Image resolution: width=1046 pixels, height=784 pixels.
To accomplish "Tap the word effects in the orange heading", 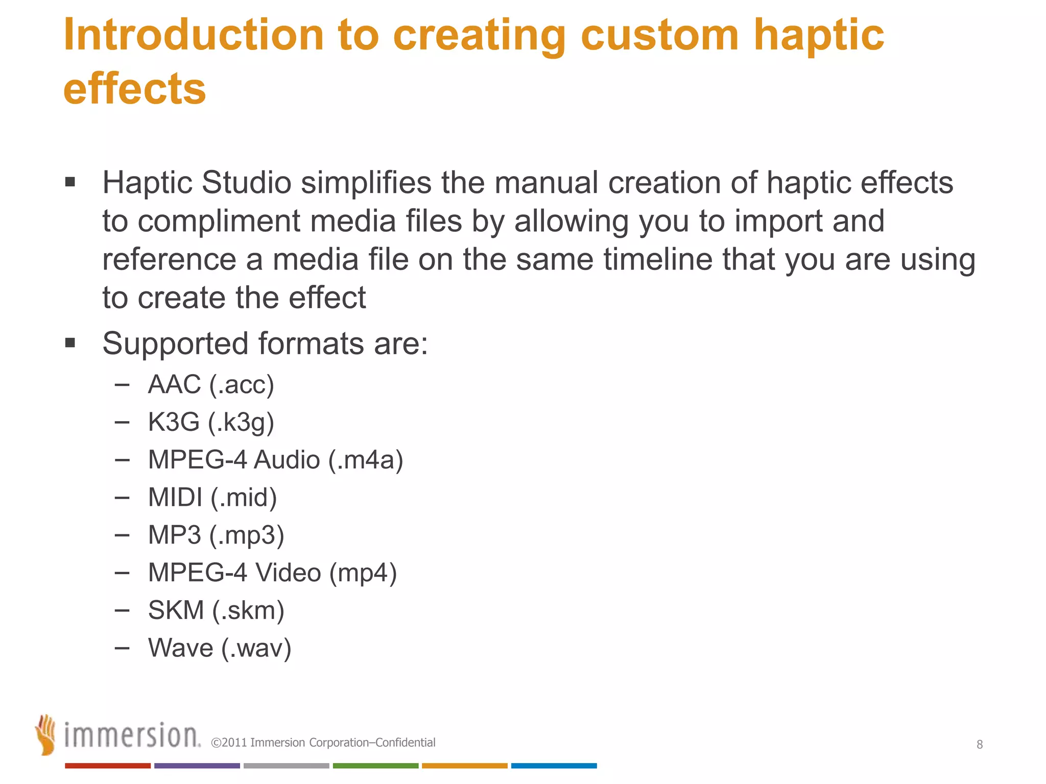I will click(x=134, y=89).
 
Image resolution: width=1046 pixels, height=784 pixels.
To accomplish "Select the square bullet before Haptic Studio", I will click(x=70, y=182).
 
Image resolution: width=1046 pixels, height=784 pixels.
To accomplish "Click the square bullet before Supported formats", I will click(x=70, y=342).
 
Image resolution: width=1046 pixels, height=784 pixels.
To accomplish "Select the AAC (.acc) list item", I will click(x=211, y=384).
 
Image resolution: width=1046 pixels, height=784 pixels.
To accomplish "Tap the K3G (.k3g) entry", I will click(x=211, y=422).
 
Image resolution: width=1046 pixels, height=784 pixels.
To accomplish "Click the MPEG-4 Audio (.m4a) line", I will click(x=275, y=459).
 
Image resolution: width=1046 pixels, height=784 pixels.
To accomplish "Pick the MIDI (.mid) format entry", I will click(x=212, y=497).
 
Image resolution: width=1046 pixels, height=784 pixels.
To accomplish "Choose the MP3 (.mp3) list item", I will click(x=216, y=535).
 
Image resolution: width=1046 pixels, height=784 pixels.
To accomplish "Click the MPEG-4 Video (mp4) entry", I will click(x=272, y=572).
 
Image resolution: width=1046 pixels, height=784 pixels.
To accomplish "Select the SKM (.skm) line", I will click(x=216, y=610).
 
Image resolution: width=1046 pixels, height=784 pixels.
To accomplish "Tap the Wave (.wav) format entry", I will click(x=220, y=648).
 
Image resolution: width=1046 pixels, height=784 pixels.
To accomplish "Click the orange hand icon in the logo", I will click(x=46, y=734).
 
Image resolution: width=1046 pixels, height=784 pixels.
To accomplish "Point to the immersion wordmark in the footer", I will click(x=132, y=736).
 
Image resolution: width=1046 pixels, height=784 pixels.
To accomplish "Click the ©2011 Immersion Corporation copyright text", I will click(x=323, y=743).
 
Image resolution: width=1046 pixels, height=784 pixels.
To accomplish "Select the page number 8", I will click(x=980, y=744).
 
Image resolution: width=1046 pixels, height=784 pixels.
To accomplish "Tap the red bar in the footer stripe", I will click(x=108, y=766).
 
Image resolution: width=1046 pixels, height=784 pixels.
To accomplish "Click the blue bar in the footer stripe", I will click(x=554, y=766).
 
